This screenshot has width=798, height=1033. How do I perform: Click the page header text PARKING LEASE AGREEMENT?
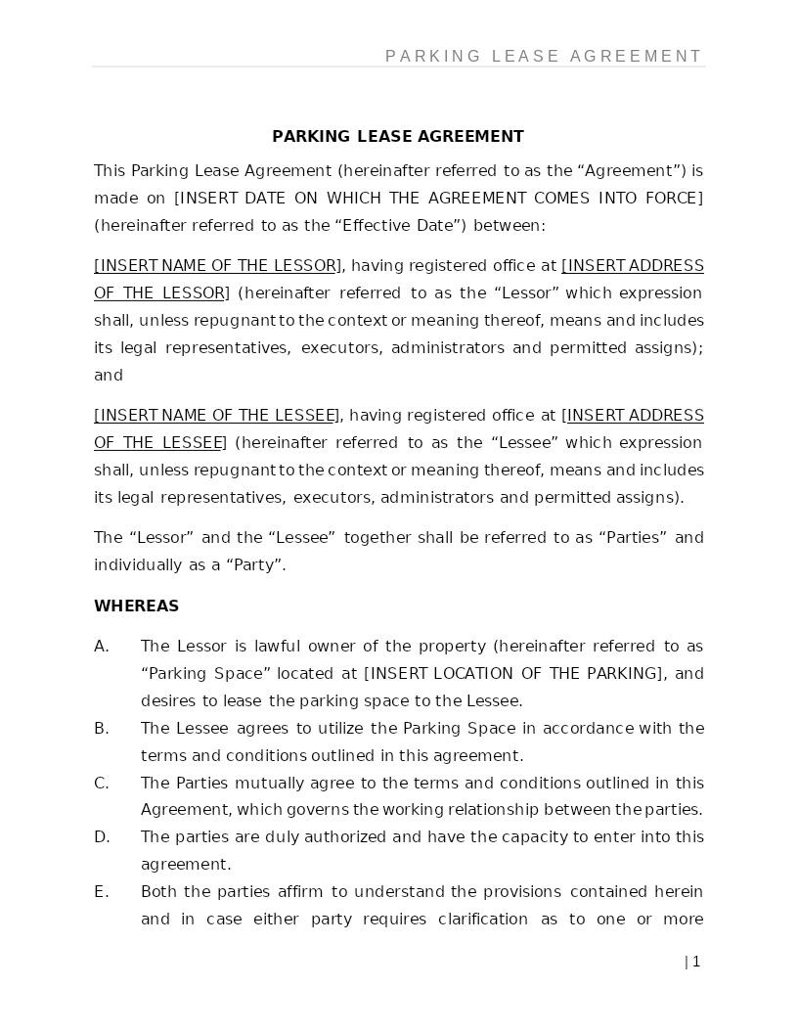coord(544,56)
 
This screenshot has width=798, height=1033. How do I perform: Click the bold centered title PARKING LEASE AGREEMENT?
coord(398,136)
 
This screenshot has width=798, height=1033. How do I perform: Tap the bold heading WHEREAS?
coord(136,606)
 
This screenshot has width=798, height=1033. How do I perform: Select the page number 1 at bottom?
coord(695,962)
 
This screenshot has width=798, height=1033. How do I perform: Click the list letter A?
coord(101,646)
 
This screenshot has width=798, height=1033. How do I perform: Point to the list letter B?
coord(101,728)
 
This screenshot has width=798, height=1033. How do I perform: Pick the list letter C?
coord(101,783)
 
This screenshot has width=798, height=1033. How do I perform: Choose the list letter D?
coord(102,836)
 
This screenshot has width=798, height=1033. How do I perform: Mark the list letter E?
coord(101,891)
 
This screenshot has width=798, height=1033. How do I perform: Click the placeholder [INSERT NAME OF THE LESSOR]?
coord(218,266)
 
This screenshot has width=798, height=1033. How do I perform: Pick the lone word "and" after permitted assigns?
coord(108,375)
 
